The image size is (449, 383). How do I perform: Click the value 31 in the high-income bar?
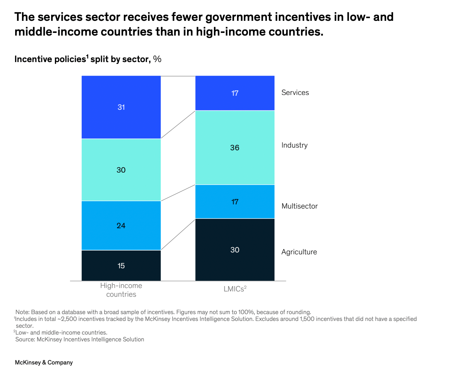tap(121, 107)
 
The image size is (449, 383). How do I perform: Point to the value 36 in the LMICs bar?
tap(235, 148)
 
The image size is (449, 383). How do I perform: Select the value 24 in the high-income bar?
tap(121, 226)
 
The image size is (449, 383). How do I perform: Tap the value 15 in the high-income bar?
tap(121, 266)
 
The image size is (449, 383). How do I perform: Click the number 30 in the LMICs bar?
tap(235, 250)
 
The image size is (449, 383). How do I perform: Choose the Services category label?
tap(295, 93)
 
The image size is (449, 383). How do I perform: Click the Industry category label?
tap(294, 145)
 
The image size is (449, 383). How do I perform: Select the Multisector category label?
tap(299, 206)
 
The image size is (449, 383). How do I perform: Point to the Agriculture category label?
tap(299, 252)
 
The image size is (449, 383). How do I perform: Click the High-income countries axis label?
tap(121, 290)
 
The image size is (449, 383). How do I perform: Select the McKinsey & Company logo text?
tap(44, 363)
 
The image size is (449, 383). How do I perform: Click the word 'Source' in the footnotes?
tap(25, 339)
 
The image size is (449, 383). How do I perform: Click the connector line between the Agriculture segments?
tap(178, 234)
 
